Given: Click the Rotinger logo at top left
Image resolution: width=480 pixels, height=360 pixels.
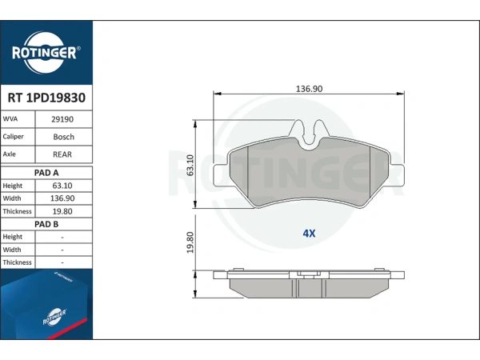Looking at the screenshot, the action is [46, 53].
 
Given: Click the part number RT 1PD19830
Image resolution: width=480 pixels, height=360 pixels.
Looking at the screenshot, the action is [46, 98].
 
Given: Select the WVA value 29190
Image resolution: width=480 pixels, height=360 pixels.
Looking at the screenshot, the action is [62, 119].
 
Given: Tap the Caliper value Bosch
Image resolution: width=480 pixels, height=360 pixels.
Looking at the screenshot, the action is [64, 137].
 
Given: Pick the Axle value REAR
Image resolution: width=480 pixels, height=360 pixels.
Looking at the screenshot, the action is [62, 154].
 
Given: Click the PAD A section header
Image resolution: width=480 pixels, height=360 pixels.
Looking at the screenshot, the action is [46, 173].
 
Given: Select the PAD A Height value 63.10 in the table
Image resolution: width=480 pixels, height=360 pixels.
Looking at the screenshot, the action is [62, 186].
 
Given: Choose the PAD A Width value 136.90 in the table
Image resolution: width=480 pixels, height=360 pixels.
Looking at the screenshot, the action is [62, 198].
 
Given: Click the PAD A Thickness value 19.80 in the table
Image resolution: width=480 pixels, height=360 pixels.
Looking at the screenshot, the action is [62, 211].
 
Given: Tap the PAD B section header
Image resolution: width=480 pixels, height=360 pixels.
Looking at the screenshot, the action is [46, 224].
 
